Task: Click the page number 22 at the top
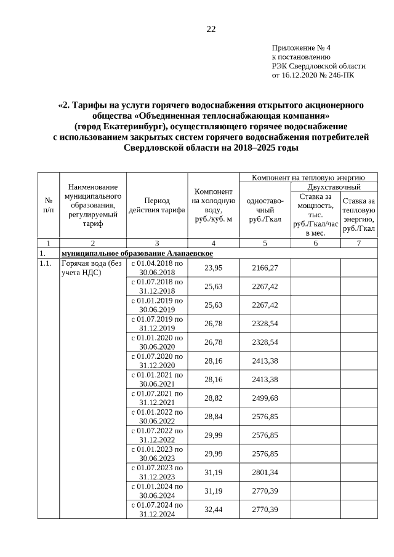tap(211, 30)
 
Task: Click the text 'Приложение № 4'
tap(301, 47)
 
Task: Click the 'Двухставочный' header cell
tap(334, 186)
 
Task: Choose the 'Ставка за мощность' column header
tap(316, 214)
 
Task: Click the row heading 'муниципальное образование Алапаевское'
tap(137, 254)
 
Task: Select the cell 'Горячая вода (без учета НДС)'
tap(92, 268)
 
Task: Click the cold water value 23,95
tap(213, 268)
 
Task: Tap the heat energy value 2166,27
tap(265, 268)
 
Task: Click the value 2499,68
tap(265, 398)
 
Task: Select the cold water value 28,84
tap(213, 417)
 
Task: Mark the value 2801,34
tap(265, 472)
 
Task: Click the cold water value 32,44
tap(213, 509)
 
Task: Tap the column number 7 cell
tap(358, 243)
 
